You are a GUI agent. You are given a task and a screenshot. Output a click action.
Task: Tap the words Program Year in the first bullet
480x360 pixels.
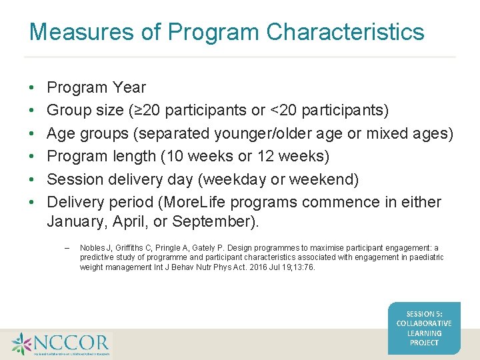pos(96,87)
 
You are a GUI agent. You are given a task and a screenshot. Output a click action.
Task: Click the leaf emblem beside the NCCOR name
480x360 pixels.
pos(21,343)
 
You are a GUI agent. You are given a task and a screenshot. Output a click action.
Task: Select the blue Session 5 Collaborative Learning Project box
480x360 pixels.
pos(424,328)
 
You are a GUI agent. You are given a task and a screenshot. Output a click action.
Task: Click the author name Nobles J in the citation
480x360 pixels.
pos(93,248)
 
